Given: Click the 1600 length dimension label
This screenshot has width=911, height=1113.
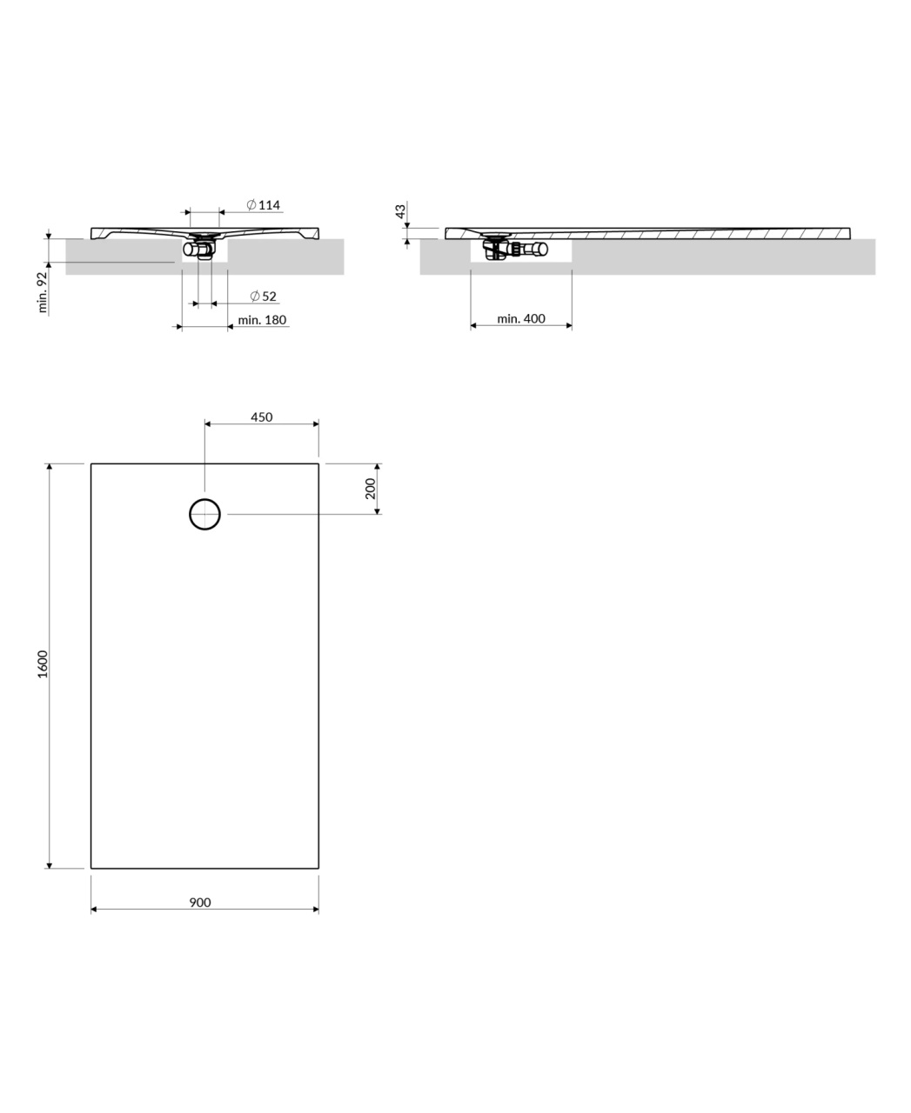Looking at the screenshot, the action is (x=43, y=664).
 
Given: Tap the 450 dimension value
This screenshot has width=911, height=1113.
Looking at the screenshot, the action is (x=261, y=417).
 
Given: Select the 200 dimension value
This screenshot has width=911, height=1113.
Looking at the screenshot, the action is (x=370, y=488).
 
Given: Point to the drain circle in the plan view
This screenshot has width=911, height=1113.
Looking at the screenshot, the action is (x=204, y=499).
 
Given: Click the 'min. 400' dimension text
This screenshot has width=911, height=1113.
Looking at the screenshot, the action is (x=520, y=319).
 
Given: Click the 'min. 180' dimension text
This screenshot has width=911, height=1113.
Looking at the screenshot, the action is (x=262, y=320).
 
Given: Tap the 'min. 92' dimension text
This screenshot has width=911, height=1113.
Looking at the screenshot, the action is (x=43, y=292).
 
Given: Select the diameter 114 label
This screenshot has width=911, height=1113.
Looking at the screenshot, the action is (x=264, y=204).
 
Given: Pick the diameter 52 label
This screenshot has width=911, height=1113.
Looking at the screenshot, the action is (x=264, y=296).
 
